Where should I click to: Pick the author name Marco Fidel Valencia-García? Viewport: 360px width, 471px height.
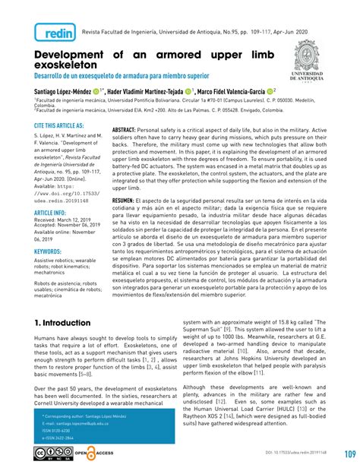click(x=232, y=91)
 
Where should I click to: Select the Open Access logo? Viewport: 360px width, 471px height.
click(x=95, y=454)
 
